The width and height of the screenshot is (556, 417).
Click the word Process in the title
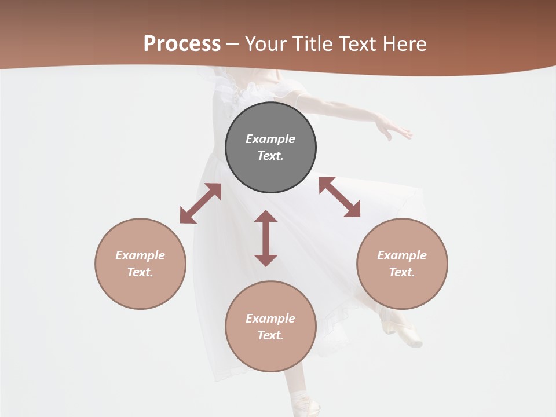coord(182,44)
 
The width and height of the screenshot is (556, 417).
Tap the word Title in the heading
coord(312,44)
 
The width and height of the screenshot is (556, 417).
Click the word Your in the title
coord(266,44)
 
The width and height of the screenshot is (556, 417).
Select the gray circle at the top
coord(270,147)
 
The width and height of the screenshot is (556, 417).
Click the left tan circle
coord(140,264)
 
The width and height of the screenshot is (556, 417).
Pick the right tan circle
coord(402,264)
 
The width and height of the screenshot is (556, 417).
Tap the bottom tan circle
coord(270,326)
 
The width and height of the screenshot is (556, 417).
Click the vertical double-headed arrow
coord(266,238)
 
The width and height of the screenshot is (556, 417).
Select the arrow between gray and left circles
coord(200,203)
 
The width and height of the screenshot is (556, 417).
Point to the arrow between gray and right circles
coord(339,197)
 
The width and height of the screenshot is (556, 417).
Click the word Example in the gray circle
coord(270,139)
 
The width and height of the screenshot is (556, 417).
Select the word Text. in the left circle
coord(140,272)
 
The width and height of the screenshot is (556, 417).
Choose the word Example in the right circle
coord(402,255)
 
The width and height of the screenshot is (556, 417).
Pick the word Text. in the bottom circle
coord(270,335)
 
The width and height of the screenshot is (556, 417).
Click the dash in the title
coord(232,44)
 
